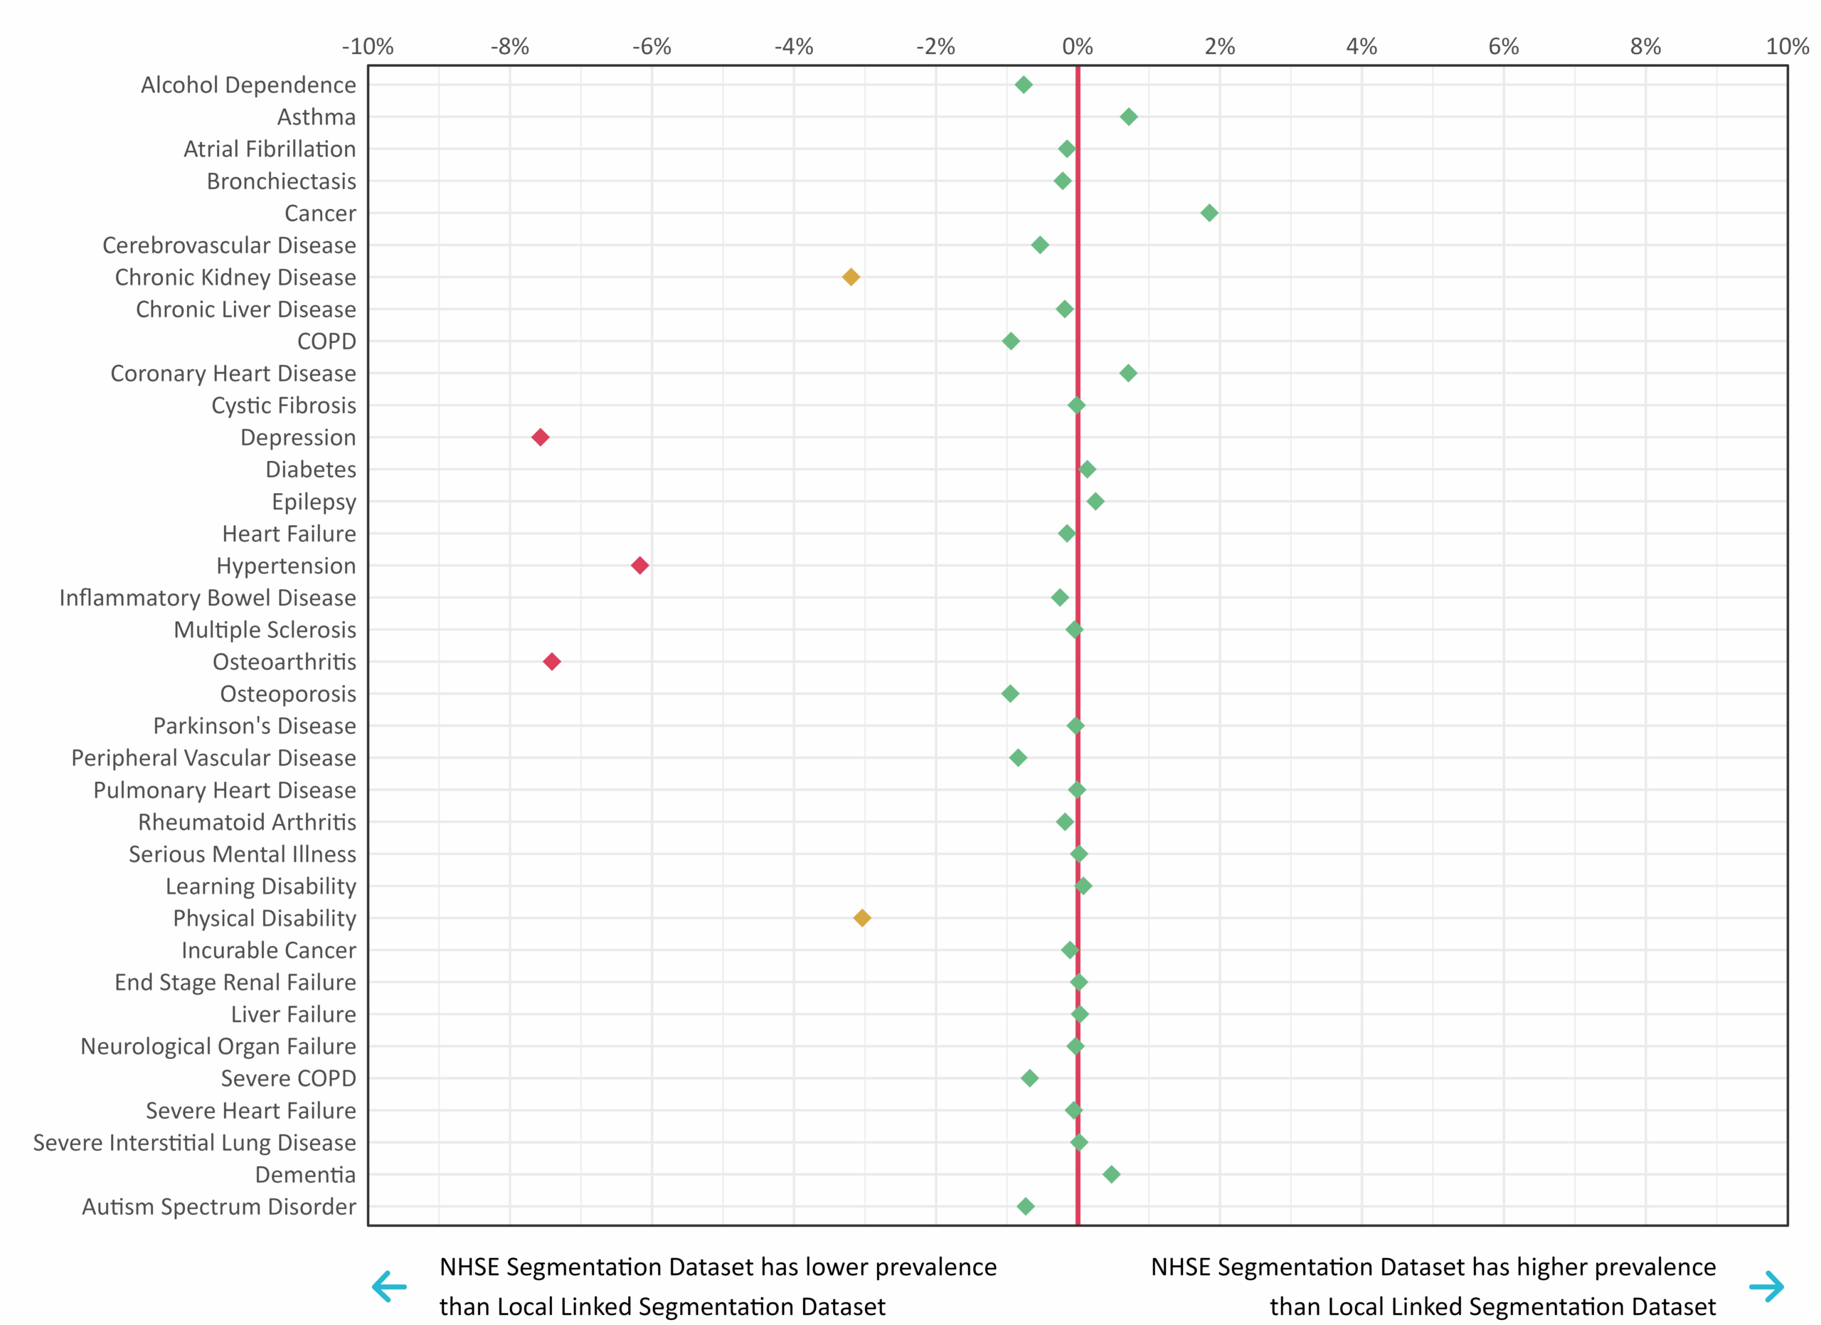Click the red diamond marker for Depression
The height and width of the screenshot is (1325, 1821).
pyautogui.click(x=541, y=437)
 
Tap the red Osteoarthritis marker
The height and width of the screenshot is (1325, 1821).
pyautogui.click(x=551, y=662)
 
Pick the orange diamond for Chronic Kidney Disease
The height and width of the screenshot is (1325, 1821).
pyautogui.click(x=851, y=277)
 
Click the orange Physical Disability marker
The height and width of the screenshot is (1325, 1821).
pyautogui.click(x=861, y=918)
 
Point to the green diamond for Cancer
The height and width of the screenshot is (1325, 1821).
pyautogui.click(x=1209, y=213)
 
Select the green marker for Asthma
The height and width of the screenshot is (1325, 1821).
pyautogui.click(x=1129, y=117)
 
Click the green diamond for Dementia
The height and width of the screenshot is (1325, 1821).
pyautogui.click(x=1111, y=1174)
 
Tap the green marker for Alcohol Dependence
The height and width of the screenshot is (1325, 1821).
pyautogui.click(x=1024, y=84)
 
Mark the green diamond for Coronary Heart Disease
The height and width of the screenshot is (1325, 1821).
pyautogui.click(x=1128, y=373)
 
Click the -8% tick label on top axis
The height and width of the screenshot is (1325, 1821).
pyautogui.click(x=510, y=46)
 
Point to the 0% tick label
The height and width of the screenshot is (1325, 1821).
pyautogui.click(x=1078, y=46)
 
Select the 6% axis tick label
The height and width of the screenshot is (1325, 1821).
pyautogui.click(x=1503, y=46)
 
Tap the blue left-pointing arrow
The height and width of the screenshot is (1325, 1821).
pyautogui.click(x=389, y=1287)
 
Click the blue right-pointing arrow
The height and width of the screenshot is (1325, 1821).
pyautogui.click(x=1766, y=1287)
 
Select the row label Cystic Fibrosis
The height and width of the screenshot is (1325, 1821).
pyautogui.click(x=283, y=406)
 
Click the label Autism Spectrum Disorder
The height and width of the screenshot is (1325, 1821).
pyautogui.click(x=218, y=1206)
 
